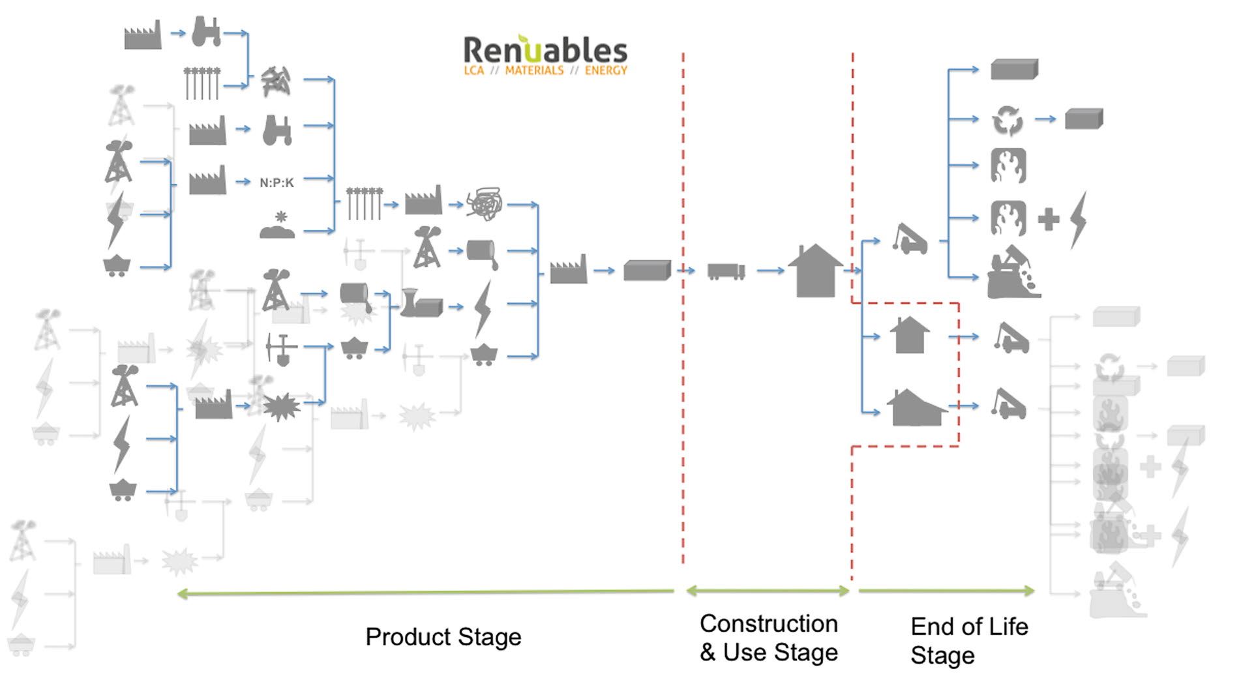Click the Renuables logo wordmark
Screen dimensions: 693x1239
[545, 50]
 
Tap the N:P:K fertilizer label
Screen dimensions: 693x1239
[276, 183]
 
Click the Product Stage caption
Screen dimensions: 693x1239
[443, 637]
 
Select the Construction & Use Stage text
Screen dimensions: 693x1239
[768, 638]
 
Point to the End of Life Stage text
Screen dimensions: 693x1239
[968, 640]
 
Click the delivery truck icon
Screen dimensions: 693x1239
[726, 271]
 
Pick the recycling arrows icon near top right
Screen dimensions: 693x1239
[1008, 121]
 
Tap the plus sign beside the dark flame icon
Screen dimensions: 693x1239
[1048, 219]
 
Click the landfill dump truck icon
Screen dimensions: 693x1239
[1012, 274]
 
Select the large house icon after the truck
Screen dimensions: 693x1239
[814, 271]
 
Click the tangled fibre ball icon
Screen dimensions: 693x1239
[485, 204]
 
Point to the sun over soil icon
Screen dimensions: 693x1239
[277, 226]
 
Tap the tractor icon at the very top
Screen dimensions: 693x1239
[206, 32]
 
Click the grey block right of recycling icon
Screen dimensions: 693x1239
[1083, 119]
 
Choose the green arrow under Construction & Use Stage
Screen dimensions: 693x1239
[768, 591]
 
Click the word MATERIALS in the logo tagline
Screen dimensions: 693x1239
[534, 70]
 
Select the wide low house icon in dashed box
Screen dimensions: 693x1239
[916, 408]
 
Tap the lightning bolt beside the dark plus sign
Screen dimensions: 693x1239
[1079, 219]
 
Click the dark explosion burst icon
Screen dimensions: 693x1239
[281, 407]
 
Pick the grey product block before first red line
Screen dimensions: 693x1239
[647, 271]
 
